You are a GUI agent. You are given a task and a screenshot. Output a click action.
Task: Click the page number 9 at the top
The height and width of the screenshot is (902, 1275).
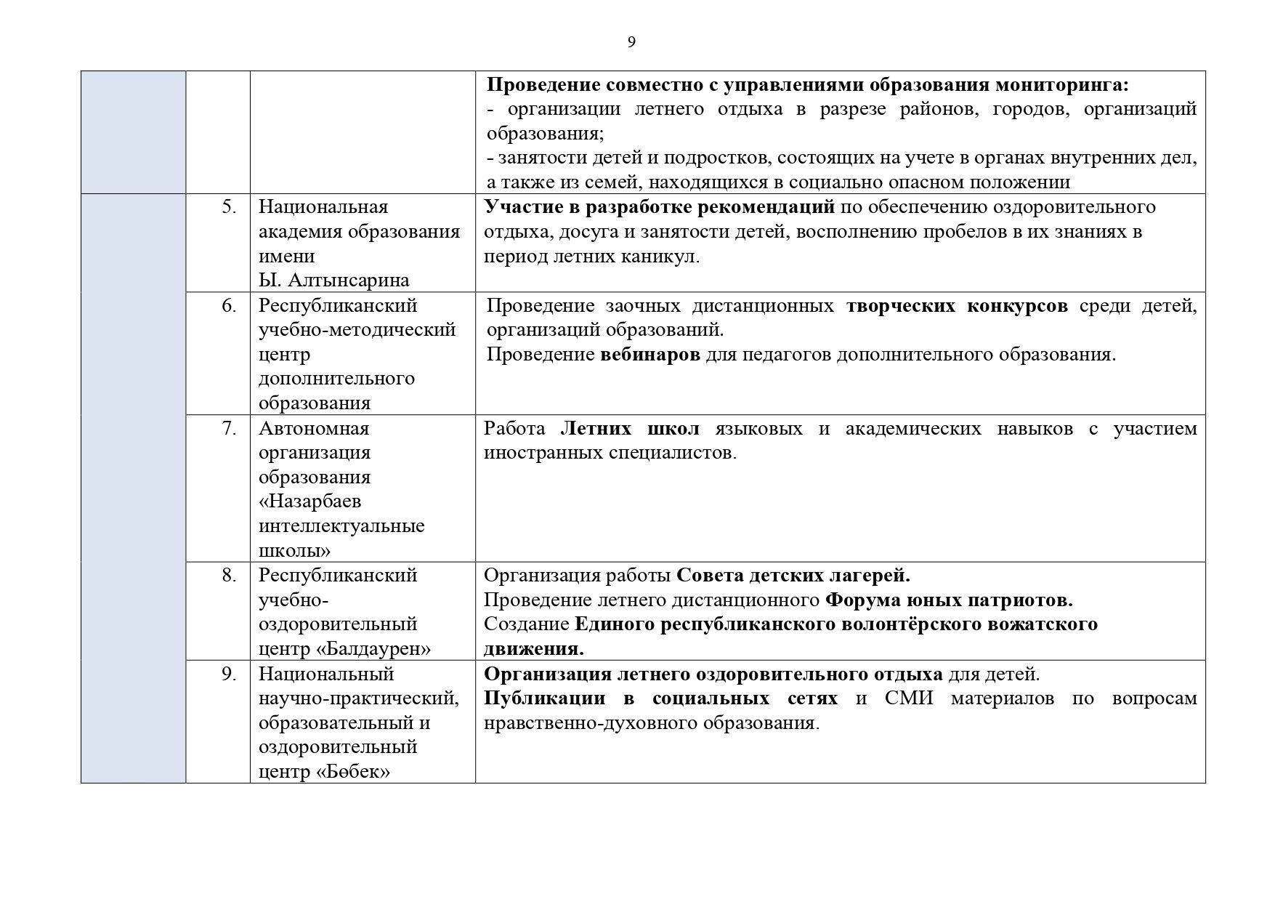tap(631, 42)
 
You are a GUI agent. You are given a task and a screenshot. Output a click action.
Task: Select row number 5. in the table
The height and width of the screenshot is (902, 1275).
tap(229, 207)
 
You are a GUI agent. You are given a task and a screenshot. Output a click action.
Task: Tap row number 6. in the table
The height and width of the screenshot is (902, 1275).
tap(229, 306)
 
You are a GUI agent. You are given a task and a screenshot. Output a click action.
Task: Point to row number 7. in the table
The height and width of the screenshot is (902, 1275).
tap(229, 429)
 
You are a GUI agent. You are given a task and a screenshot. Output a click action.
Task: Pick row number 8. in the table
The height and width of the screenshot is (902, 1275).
tap(229, 576)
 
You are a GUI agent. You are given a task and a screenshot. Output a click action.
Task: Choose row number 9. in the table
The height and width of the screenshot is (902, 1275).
tap(229, 675)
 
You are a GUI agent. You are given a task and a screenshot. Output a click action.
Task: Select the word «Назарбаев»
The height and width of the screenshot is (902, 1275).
tap(310, 502)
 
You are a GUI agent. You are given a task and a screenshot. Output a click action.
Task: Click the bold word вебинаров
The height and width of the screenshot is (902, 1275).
tap(650, 355)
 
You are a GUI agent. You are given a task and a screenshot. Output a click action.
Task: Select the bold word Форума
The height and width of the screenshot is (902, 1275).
tap(862, 600)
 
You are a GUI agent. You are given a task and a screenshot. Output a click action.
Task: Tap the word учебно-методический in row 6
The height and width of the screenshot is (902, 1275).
tap(357, 330)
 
